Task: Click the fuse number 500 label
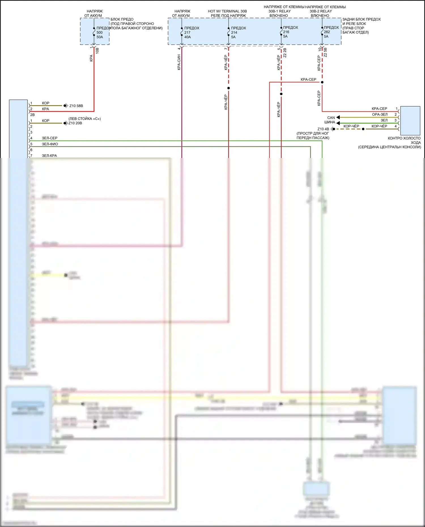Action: pyautogui.click(x=99, y=33)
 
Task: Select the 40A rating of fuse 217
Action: pyautogui.click(x=187, y=37)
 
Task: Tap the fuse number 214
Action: pyautogui.click(x=234, y=33)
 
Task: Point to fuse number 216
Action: pyautogui.click(x=286, y=32)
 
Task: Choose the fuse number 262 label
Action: pyautogui.click(x=327, y=32)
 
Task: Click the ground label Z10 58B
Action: pyautogui.click(x=76, y=106)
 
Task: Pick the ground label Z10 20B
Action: pyautogui.click(x=75, y=123)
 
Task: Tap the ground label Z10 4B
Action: pyautogui.click(x=323, y=129)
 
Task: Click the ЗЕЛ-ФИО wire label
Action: pyautogui.click(x=50, y=144)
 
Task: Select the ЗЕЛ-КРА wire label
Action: pyautogui.click(x=49, y=156)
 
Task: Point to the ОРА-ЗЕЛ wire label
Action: pyautogui.click(x=380, y=114)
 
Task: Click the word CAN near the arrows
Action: pyautogui.click(x=331, y=118)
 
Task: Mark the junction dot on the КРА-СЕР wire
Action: pyautogui.click(x=322, y=82)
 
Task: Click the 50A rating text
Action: pyautogui.click(x=100, y=37)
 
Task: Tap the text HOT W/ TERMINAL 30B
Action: pyautogui.click(x=227, y=11)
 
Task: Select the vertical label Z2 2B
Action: pyautogui.click(x=285, y=53)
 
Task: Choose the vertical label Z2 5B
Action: pyautogui.click(x=326, y=52)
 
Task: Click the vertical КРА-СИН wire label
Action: pyautogui.click(x=179, y=62)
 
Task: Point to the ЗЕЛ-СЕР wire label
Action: pyautogui.click(x=50, y=138)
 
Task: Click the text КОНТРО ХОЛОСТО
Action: pyautogui.click(x=404, y=138)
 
